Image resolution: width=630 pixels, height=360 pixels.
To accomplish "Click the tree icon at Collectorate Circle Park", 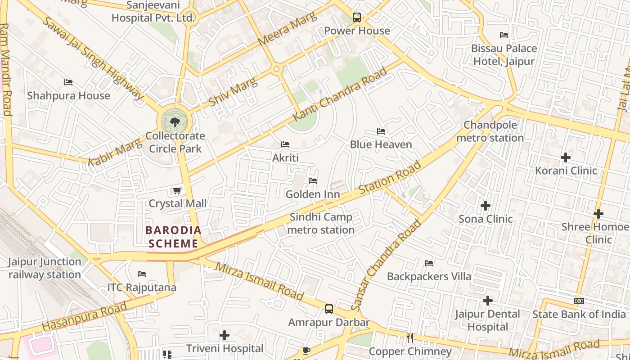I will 175,121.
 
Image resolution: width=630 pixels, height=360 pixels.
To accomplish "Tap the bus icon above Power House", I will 357,18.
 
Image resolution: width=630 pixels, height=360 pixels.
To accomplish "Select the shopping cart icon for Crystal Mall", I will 177,191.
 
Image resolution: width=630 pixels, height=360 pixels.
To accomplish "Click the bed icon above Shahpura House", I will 68,82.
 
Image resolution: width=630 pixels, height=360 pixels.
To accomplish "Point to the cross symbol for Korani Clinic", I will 566,157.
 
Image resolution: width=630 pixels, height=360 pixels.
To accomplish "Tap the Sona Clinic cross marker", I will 485,206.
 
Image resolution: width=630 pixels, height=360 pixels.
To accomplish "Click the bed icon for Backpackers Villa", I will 429,263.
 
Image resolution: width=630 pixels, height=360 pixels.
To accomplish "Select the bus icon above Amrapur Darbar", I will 329,309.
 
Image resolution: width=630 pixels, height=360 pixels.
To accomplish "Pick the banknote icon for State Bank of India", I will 579,301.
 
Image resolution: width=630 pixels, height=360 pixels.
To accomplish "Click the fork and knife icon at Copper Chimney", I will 409,338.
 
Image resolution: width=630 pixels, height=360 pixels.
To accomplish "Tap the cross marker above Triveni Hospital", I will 225,335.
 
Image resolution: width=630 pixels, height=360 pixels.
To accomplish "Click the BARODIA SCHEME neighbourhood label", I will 173,237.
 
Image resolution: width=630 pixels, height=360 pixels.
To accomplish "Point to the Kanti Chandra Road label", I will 340,94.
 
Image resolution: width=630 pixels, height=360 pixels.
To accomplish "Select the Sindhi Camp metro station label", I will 321,224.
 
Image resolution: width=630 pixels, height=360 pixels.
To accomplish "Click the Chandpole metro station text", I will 490,131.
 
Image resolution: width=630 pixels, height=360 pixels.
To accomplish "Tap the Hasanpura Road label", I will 85,316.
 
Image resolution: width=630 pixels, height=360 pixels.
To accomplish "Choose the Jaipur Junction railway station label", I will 44,268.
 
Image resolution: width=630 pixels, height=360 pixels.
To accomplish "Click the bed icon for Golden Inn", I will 313,181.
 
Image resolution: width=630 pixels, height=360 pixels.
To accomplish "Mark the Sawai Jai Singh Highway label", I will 92,58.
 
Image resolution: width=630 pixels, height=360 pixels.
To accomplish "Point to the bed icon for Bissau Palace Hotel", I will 504,35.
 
